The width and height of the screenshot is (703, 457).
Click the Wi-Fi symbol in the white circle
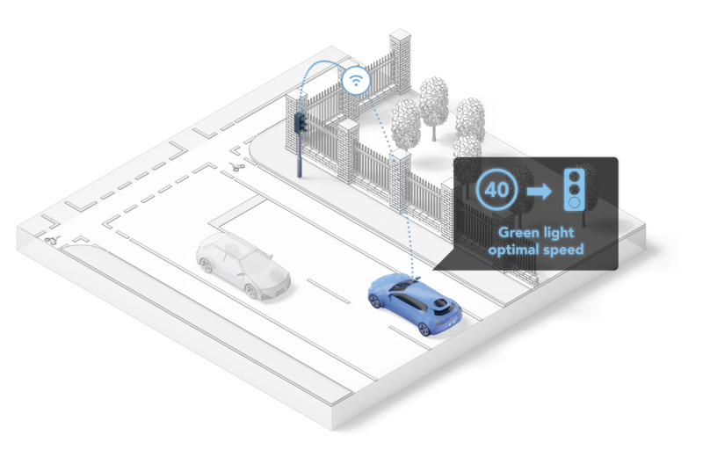coord(354,79)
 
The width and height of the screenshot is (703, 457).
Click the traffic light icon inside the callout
coord(574,187)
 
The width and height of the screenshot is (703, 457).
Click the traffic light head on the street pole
coord(301,122)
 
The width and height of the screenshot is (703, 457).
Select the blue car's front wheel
coord(375,301)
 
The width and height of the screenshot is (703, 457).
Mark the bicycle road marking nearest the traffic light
coord(237,166)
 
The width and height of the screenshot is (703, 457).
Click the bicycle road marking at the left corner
coord(51,239)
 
